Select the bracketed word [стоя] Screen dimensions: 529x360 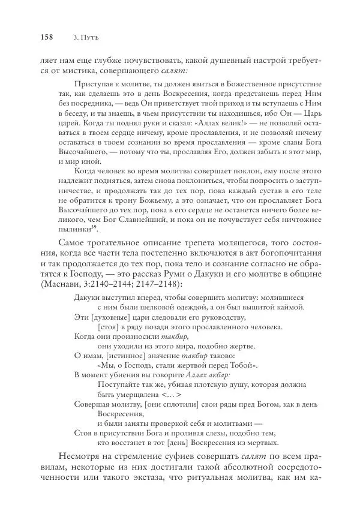tap(107, 329)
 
